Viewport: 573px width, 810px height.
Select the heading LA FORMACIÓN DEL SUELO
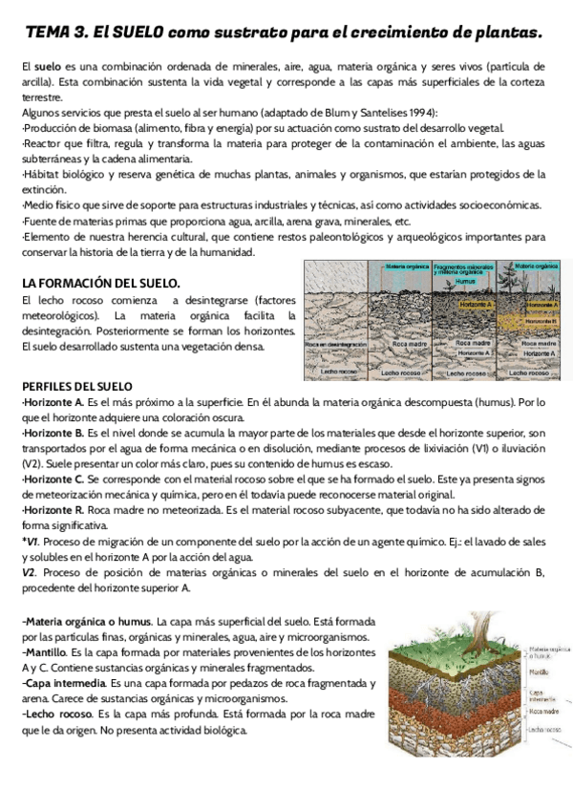point(100,283)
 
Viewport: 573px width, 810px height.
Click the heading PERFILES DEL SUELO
point(76,386)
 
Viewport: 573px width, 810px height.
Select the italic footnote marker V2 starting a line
point(29,571)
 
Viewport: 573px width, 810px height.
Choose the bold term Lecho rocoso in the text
point(55,714)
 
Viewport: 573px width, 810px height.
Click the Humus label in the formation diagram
point(465,283)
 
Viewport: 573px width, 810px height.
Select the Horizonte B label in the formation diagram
point(542,322)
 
